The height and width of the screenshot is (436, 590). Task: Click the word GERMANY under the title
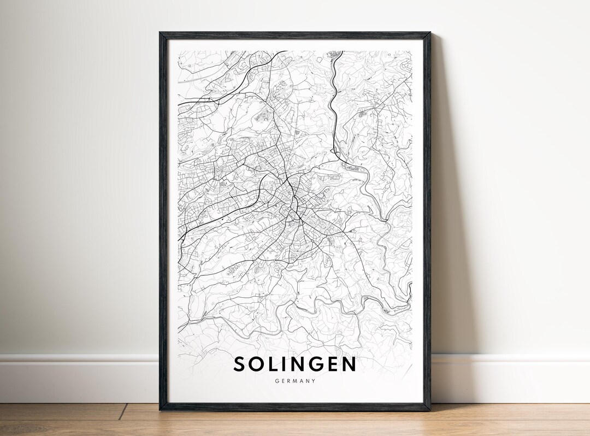point(295,381)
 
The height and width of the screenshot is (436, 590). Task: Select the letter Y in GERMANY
point(314,381)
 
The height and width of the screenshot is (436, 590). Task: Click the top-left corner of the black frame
point(161,33)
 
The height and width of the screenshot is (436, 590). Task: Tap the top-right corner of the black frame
point(429,33)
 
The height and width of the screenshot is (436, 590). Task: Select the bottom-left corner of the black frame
point(161,409)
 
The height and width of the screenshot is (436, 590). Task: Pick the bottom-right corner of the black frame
point(429,409)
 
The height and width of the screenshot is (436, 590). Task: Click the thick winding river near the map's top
point(332,98)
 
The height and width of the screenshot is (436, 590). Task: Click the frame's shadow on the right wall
point(445,219)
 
